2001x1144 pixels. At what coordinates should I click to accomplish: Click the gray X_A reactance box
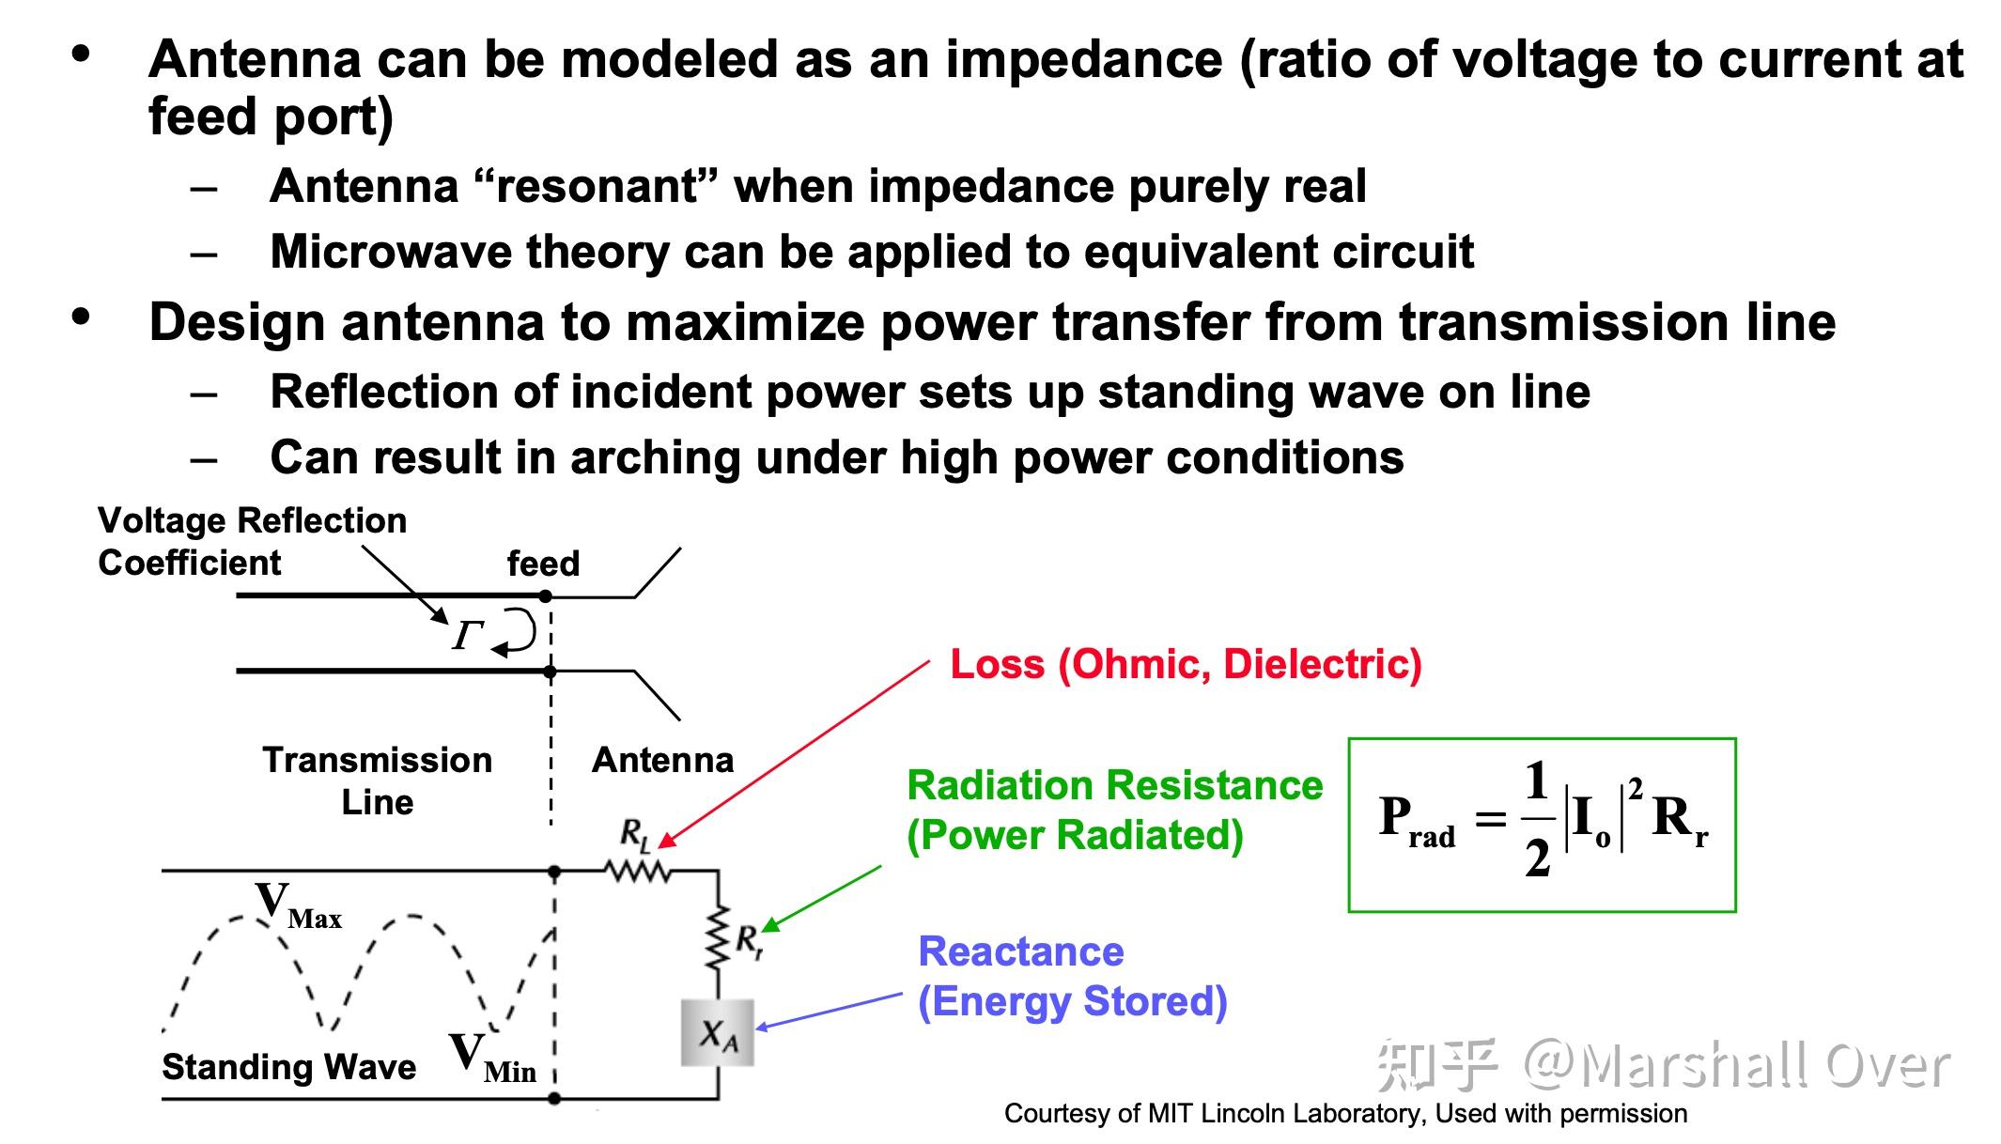718,1033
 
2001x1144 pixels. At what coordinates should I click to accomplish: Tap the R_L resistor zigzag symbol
639,873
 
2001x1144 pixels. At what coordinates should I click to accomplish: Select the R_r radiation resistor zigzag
719,937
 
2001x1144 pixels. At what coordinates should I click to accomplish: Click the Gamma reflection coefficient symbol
467,636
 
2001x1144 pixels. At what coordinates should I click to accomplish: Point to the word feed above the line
543,564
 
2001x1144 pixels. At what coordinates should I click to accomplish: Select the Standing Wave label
288,1067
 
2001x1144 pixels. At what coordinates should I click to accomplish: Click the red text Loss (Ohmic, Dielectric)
1186,664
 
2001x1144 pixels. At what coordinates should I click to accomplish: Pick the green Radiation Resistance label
1114,785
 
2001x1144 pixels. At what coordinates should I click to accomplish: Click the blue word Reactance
1020,951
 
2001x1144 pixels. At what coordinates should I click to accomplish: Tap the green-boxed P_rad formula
1542,824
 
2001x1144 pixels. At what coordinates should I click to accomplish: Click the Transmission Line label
377,781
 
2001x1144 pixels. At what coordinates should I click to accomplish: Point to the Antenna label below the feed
662,760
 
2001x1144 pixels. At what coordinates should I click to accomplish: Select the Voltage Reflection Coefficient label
252,541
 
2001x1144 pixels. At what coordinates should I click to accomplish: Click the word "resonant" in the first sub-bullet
597,186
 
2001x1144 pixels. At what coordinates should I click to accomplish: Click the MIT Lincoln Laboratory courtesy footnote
1345,1114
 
